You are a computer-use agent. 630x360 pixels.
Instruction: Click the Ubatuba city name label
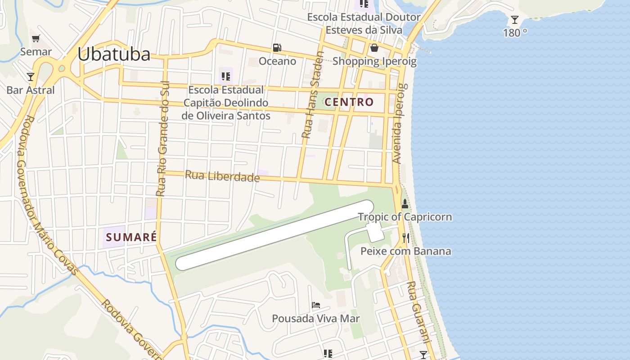click(x=114, y=54)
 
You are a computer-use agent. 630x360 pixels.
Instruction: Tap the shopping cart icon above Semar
click(x=36, y=38)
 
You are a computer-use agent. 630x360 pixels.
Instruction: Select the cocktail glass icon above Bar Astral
click(x=31, y=76)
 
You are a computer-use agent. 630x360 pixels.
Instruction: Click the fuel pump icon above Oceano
click(x=277, y=47)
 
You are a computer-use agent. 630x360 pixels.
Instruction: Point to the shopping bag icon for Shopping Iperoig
click(x=374, y=48)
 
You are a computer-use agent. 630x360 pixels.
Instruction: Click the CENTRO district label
click(x=349, y=102)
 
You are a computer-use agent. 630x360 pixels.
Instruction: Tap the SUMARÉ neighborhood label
click(x=131, y=237)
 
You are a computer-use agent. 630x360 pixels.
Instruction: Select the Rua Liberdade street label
click(x=222, y=176)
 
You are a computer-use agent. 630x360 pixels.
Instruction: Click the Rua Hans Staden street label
click(x=313, y=95)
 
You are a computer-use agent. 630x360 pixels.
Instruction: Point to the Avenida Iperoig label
click(x=400, y=123)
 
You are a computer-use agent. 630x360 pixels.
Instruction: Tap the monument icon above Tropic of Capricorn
click(x=405, y=203)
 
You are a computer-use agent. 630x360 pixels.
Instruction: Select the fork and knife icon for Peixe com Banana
click(x=406, y=238)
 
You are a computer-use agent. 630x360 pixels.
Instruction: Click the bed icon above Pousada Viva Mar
click(x=316, y=305)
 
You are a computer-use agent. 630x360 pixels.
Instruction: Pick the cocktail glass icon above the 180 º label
click(x=515, y=20)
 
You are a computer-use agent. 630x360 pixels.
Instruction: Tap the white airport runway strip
click(x=274, y=235)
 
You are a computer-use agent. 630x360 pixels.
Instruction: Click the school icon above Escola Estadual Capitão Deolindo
click(x=226, y=76)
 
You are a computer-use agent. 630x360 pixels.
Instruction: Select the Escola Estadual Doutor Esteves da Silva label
click(x=364, y=24)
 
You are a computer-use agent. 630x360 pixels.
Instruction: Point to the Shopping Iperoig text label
click(x=374, y=61)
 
